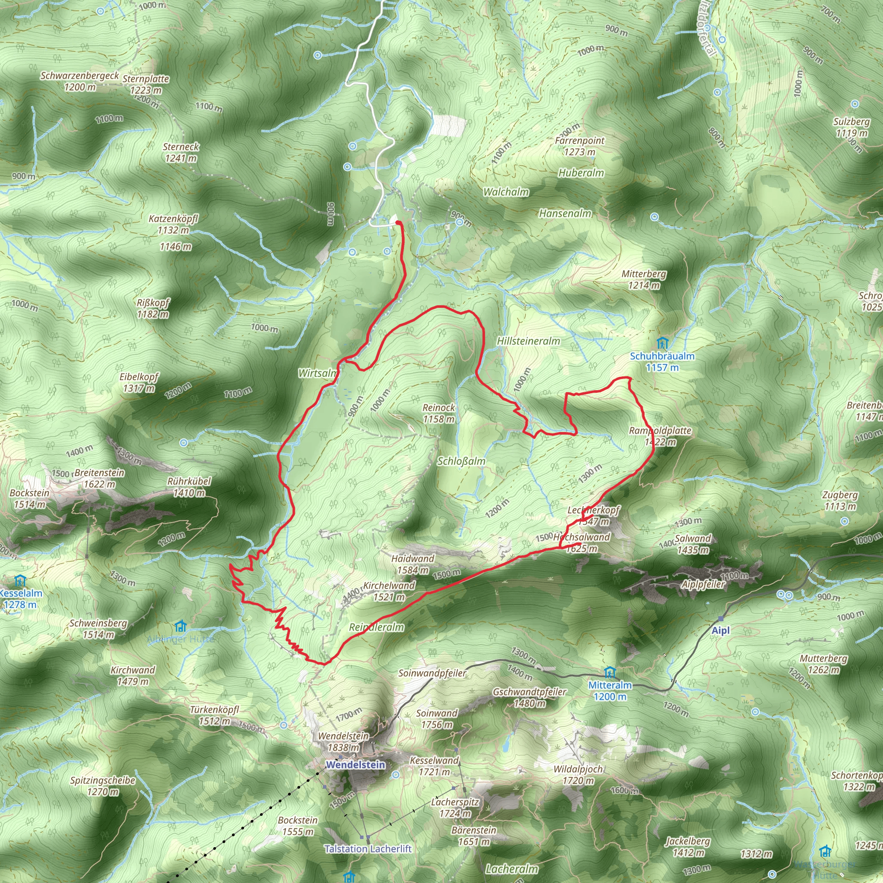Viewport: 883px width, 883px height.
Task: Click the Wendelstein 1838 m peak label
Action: tap(343, 742)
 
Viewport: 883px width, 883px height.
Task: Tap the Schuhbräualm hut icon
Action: tap(662, 343)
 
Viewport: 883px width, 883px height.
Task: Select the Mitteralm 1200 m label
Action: tap(610, 691)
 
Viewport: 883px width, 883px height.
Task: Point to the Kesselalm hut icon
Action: tap(20, 581)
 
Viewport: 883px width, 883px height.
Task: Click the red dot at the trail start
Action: tap(398, 222)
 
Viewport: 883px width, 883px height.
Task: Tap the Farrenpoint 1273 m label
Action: tap(579, 146)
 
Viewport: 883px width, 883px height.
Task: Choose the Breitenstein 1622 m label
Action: tap(99, 478)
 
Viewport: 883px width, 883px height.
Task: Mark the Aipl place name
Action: tap(721, 631)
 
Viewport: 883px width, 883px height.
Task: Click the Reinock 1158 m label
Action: tap(439, 413)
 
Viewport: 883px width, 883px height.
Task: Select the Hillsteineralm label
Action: tap(528, 341)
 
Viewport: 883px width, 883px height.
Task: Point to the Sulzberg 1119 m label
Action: tap(851, 128)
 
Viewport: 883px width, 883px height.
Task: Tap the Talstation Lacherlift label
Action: tap(368, 849)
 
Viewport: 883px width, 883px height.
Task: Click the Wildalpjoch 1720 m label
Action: tap(578, 775)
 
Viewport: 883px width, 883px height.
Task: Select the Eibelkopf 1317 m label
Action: tap(139, 382)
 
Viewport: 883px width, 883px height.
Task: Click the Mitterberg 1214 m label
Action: tap(644, 280)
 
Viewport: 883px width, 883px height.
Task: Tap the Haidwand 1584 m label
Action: tap(413, 564)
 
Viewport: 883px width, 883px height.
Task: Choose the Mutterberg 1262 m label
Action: tap(823, 664)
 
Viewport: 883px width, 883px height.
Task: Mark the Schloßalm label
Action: tap(461, 461)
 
